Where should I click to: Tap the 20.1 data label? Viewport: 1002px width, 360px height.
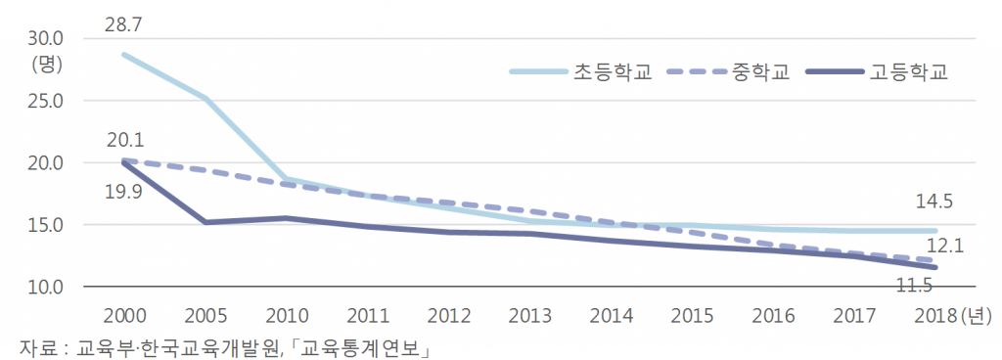124,139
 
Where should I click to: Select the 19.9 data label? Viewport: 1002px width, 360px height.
124,191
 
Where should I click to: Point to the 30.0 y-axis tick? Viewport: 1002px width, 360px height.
46,39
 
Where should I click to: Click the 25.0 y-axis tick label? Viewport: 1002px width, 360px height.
46,101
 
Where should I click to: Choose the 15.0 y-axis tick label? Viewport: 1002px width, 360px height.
46,225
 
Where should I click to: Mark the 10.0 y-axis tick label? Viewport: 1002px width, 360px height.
46,288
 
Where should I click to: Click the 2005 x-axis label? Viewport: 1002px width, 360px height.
205,316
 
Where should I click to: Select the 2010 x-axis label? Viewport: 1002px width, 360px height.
287,316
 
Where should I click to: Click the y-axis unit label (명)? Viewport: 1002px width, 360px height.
46,65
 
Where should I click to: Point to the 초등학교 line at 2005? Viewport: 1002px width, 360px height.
205,98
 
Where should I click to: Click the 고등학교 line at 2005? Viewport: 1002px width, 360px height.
205,222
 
